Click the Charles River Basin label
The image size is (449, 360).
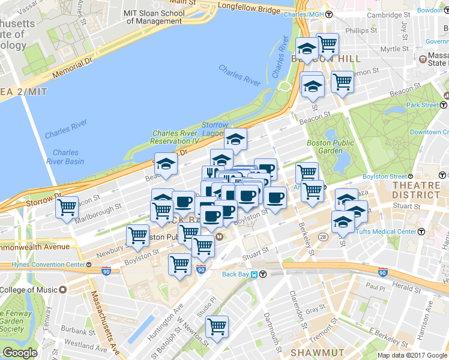[x=65, y=157]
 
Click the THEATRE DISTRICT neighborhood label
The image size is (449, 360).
[x=416, y=190]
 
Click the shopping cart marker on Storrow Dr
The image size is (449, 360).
[x=67, y=208]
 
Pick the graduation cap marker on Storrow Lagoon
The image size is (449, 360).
[x=236, y=139]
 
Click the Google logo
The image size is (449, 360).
[x=20, y=353]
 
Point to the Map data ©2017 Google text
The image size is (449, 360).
[x=412, y=355]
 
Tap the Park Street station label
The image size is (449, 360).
[x=422, y=105]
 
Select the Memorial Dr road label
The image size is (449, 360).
[x=74, y=69]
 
